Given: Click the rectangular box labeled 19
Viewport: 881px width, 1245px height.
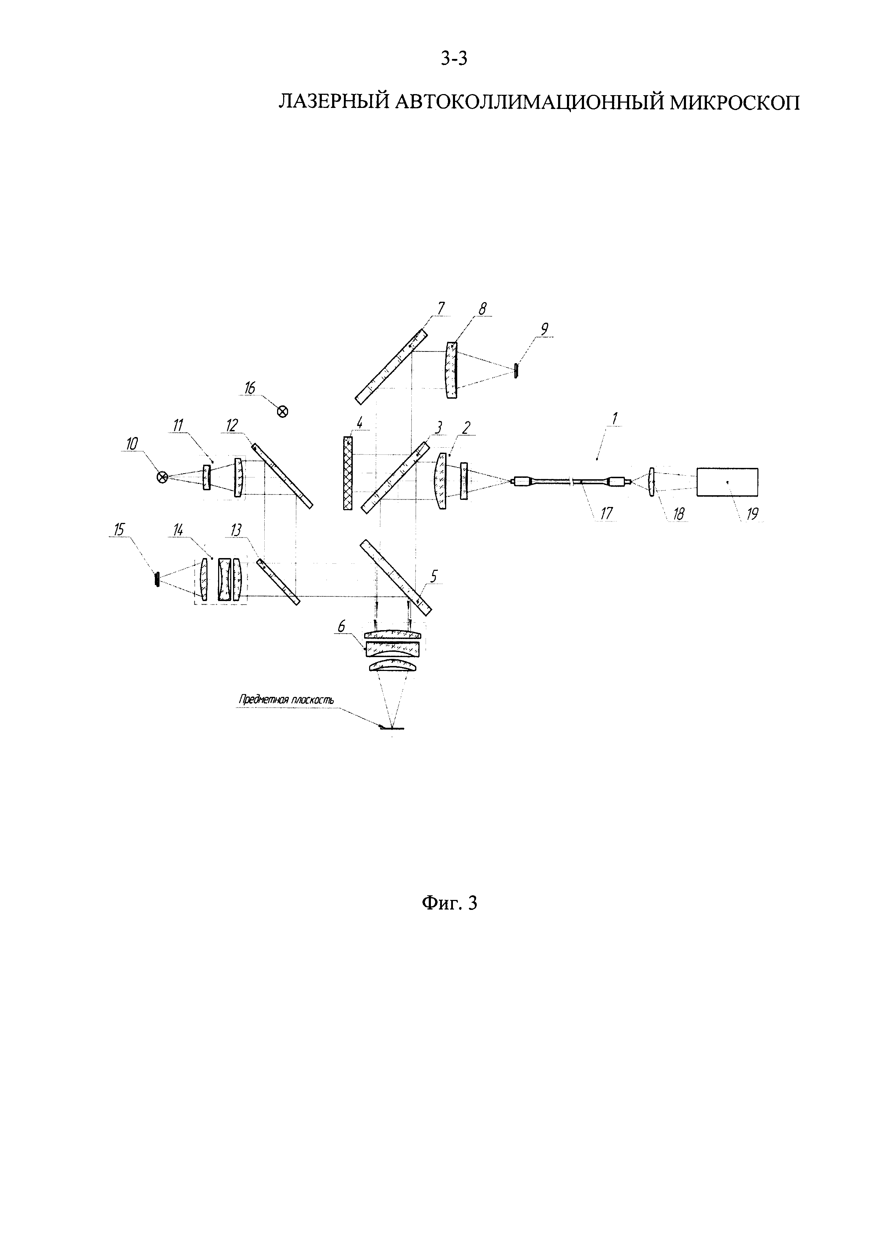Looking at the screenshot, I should coord(728,481).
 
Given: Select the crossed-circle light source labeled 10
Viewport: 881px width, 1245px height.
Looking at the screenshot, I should coord(162,477).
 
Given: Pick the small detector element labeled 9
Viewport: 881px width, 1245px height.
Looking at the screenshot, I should coord(515,371).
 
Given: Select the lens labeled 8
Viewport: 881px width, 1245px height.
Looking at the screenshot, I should coord(452,370).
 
